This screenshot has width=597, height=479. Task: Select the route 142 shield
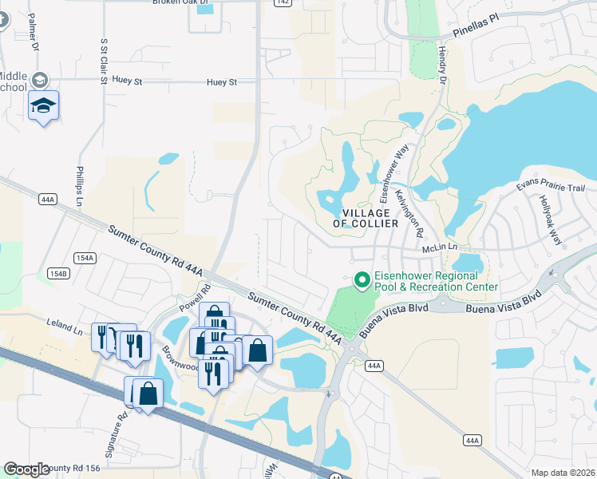[280, 3]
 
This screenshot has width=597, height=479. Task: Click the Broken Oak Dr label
[181, 2]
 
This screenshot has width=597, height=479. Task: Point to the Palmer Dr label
[34, 36]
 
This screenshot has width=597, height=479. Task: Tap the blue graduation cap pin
[43, 106]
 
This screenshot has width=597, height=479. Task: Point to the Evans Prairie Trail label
[551, 188]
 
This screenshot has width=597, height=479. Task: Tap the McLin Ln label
[440, 247]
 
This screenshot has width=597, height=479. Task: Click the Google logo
[27, 469]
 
